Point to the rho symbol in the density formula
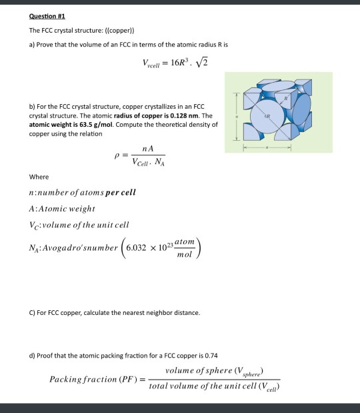pos(117,158)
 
